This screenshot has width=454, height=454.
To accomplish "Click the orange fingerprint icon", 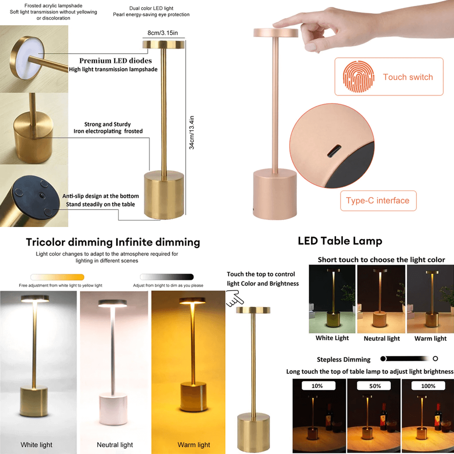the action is click(359, 76).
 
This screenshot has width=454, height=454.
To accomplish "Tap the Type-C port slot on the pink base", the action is click(334, 151).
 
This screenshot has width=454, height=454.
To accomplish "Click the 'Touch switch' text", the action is click(408, 77).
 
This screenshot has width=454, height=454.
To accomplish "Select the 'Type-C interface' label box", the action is click(378, 201).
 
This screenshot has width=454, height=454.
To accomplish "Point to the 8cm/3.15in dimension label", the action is click(163, 33).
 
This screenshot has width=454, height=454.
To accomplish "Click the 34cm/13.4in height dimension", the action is click(192, 133).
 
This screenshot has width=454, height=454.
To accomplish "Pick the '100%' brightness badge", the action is click(428, 385).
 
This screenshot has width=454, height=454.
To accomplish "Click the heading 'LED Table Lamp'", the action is click(340, 241).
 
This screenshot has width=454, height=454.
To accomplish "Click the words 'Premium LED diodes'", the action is click(115, 61).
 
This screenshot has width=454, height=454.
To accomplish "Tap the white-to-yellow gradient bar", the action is click(57, 277).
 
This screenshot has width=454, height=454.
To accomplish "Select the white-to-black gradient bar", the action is click(167, 277).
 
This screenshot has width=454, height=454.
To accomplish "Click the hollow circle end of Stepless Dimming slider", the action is click(435, 359).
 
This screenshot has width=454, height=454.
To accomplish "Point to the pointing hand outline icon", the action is click(235, 299).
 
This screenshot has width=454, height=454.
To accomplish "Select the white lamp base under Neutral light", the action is click(113, 408).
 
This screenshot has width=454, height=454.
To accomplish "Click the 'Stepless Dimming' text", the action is click(343, 360).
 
